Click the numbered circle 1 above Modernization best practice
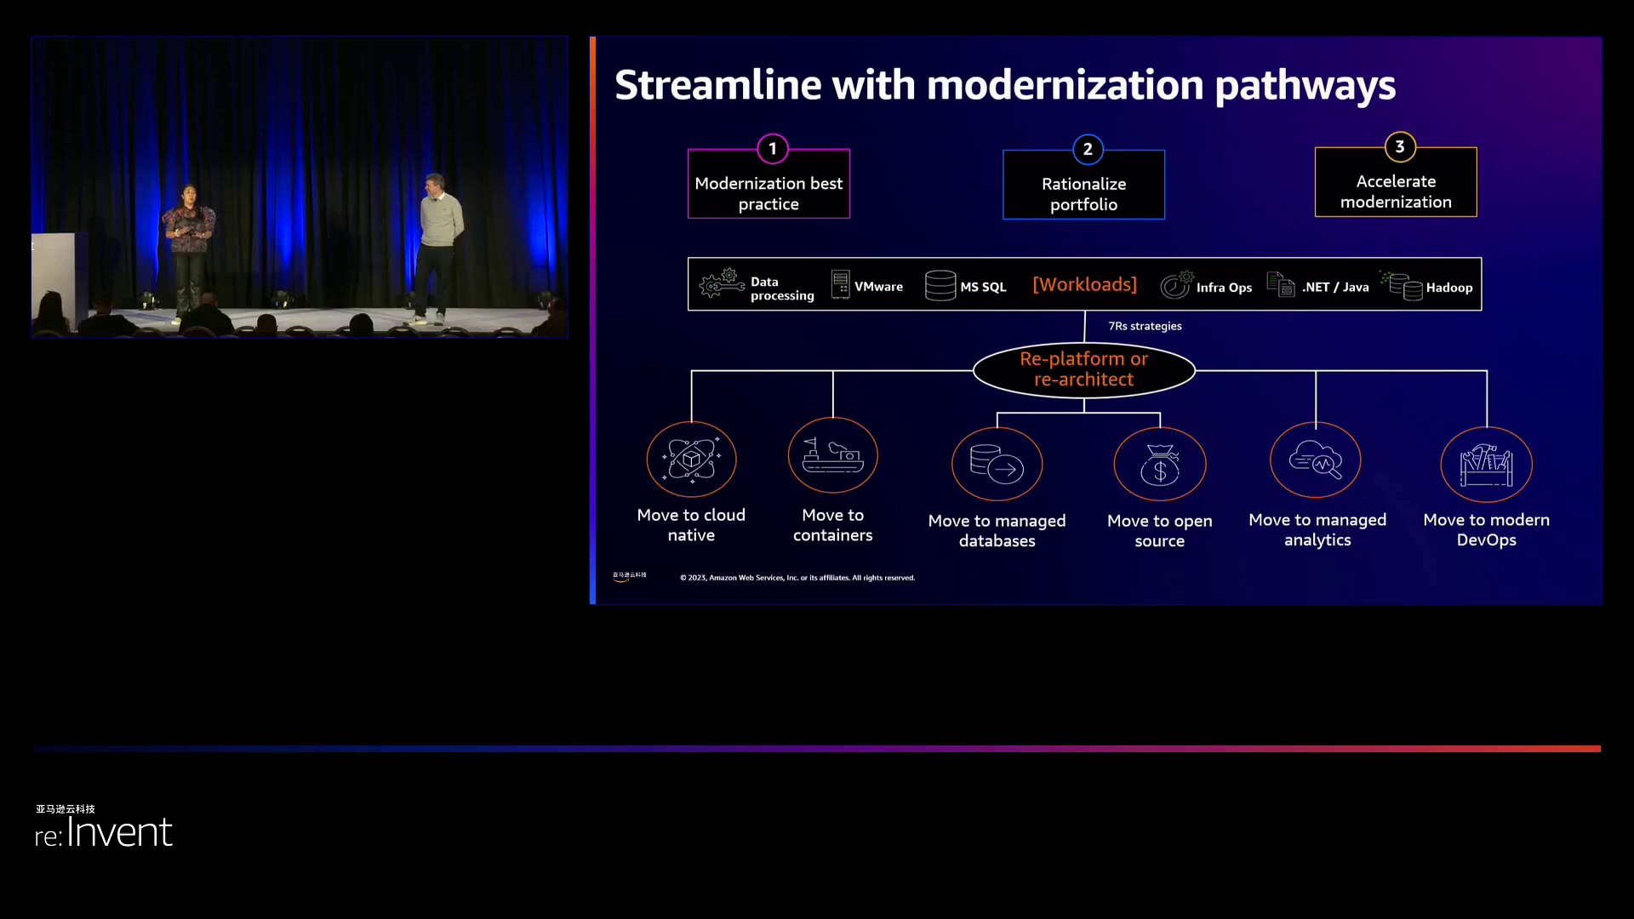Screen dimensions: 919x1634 pyautogui.click(x=773, y=149)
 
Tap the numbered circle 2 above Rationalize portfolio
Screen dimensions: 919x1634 pyautogui.click(x=1088, y=150)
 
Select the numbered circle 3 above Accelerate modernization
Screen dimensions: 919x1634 pyautogui.click(x=1400, y=147)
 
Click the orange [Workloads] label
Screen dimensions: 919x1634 pyautogui.click(x=1084, y=284)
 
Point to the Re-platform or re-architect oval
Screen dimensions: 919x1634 pyautogui.click(x=1083, y=369)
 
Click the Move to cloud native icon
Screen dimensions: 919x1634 pyautogui.click(x=691, y=459)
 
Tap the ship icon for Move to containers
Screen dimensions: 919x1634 pyautogui.click(x=832, y=455)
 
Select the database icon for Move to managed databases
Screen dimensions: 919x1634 pyautogui.click(x=997, y=465)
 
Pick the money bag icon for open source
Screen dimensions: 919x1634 pyautogui.click(x=1159, y=465)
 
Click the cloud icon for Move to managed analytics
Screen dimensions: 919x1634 pyautogui.click(x=1316, y=460)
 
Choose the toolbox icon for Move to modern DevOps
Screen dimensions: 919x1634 pyautogui.click(x=1486, y=465)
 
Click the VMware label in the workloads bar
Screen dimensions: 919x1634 pyautogui.click(x=878, y=287)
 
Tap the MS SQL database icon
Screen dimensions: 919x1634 pyautogui.click(x=940, y=286)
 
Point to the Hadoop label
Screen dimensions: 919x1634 pyautogui.click(x=1448, y=288)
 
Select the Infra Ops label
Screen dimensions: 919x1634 pyautogui.click(x=1224, y=288)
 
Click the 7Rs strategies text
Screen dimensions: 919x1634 pyautogui.click(x=1145, y=326)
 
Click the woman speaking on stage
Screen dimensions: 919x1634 pyautogui.click(x=189, y=251)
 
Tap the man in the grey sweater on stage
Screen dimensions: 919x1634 pyautogui.click(x=439, y=247)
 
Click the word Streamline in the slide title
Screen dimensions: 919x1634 pyautogui.click(x=718, y=85)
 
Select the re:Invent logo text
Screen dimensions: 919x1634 pyautogui.click(x=104, y=831)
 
